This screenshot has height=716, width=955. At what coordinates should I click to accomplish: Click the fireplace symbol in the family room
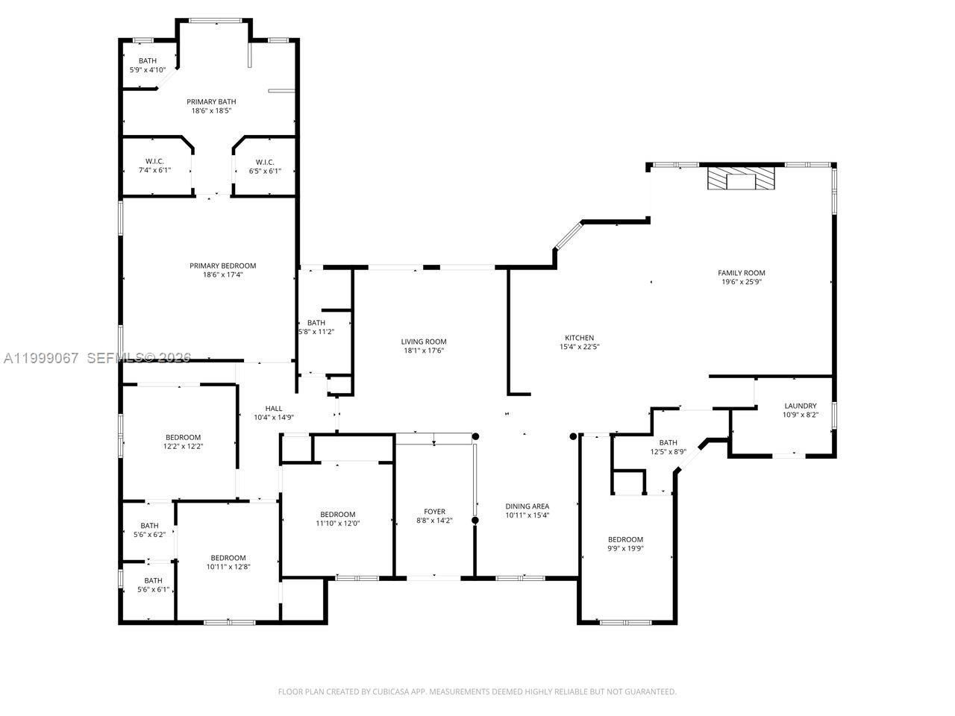point(741,180)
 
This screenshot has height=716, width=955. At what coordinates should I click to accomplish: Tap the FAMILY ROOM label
point(741,273)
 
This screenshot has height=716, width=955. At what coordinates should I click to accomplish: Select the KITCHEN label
point(579,338)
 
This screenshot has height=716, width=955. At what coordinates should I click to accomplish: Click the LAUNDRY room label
point(800,406)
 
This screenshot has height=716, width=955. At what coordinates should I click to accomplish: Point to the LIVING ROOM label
point(424,342)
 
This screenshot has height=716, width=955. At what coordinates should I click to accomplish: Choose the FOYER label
point(434,512)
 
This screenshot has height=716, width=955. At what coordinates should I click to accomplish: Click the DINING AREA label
point(527,506)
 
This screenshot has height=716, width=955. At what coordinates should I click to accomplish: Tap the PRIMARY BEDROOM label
point(222,266)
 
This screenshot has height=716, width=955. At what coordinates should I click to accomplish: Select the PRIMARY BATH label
point(211,101)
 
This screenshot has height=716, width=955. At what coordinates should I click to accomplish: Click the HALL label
point(274,408)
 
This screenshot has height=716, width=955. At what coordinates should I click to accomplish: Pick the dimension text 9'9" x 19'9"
point(625,548)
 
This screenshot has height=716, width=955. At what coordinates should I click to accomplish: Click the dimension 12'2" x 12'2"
point(183,446)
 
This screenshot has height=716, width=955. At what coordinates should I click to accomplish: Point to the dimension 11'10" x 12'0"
point(338,523)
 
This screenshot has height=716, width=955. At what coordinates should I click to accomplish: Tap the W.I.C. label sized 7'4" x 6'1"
point(154,162)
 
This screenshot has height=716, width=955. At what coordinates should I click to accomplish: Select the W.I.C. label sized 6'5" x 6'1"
point(265,162)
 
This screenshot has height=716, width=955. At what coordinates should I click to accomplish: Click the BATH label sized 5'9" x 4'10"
point(147,61)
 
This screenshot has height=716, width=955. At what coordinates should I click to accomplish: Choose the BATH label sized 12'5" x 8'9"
point(668,442)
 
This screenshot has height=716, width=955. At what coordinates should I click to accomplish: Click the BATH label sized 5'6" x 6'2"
point(149,526)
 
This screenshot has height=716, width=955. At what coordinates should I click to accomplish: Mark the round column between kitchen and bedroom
point(574,436)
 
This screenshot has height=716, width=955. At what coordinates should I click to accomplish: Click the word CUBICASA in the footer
point(386,691)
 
